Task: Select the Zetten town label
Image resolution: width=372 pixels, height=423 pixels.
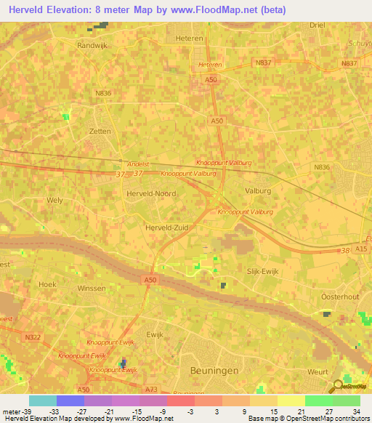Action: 100,132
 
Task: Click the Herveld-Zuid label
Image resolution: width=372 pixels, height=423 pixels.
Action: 167,227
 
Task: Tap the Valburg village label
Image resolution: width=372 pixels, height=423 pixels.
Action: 257,191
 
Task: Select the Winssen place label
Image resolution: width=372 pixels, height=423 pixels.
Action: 91,289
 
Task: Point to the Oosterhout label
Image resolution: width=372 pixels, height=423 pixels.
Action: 340,297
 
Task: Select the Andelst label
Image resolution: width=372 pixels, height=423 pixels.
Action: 137,164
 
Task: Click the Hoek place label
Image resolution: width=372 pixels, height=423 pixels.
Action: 47,284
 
